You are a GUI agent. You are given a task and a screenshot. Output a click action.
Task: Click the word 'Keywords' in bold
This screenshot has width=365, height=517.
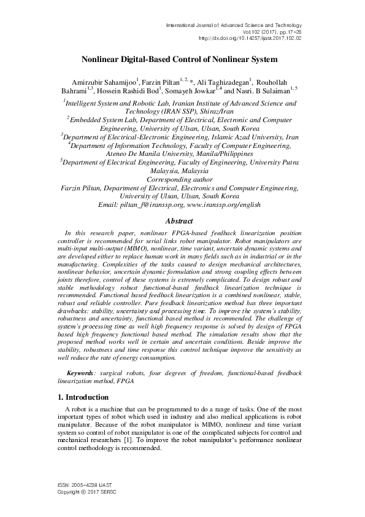[x=80, y=373]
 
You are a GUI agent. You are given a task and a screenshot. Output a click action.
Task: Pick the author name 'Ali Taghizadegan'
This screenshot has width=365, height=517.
[x=218, y=82]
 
